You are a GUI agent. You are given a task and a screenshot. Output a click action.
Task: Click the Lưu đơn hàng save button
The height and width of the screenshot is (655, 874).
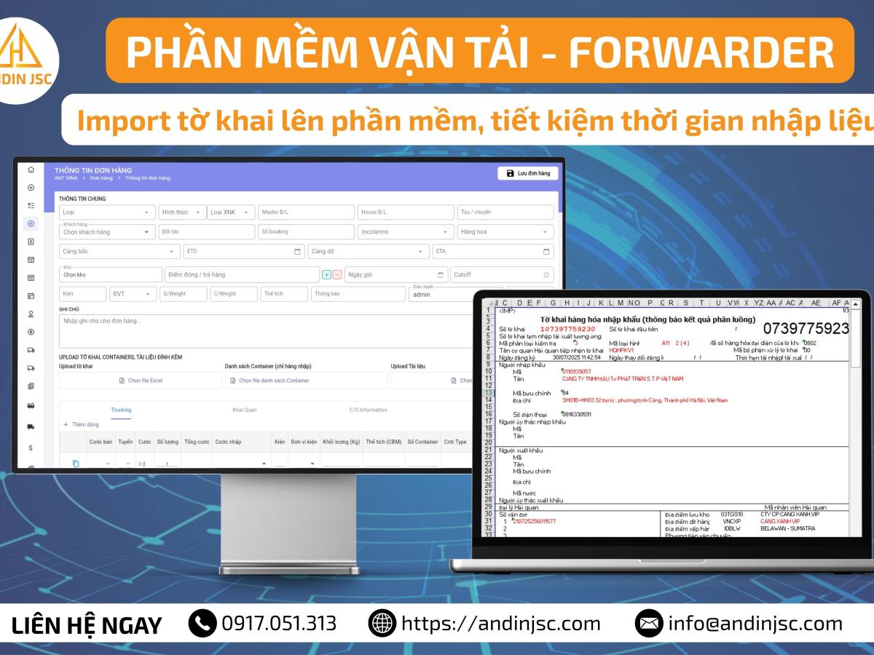tap(528, 173)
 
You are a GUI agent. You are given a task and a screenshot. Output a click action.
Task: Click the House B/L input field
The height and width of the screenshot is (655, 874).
tap(405, 212)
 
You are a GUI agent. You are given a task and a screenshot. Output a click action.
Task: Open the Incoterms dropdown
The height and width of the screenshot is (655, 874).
tap(406, 231)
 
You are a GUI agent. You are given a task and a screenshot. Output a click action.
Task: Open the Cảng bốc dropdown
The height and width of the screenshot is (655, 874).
tap(119, 251)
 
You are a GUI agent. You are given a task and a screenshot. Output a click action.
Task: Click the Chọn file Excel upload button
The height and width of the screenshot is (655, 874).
tap(141, 381)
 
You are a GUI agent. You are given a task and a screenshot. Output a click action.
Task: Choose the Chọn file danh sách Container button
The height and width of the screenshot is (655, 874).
tap(306, 381)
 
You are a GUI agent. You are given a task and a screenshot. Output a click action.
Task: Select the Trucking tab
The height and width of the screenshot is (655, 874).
tap(121, 410)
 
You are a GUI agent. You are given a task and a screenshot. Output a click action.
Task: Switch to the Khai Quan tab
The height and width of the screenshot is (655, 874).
tap(244, 410)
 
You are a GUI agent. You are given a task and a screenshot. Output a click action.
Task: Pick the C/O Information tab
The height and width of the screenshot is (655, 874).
tap(368, 410)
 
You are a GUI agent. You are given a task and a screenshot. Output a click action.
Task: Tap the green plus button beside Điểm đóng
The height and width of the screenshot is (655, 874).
tap(326, 274)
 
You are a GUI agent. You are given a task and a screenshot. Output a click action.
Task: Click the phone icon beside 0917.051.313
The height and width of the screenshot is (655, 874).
tap(202, 623)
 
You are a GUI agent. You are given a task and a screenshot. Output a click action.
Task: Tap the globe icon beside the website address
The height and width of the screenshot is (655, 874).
tap(382, 623)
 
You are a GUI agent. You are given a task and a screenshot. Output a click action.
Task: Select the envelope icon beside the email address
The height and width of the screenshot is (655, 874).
tap(647, 623)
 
